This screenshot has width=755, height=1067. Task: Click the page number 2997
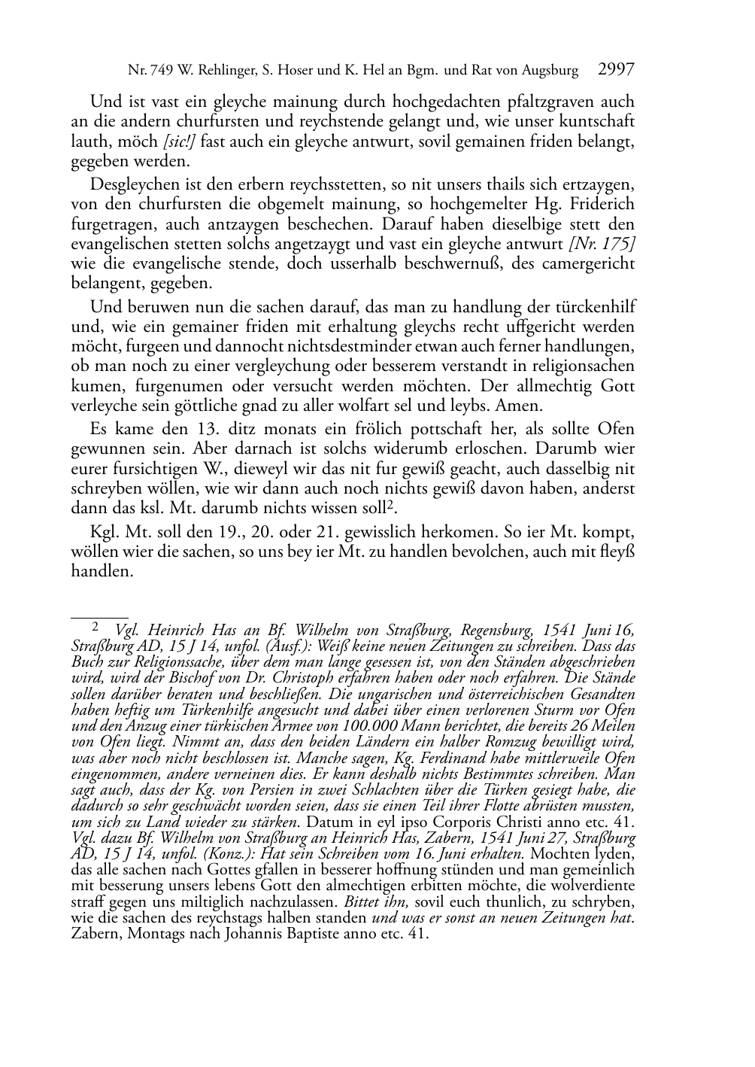(616, 71)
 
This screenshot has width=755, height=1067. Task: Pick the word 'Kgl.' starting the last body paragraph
(105, 530)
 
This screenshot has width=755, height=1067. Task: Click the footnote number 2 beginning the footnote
(95, 625)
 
